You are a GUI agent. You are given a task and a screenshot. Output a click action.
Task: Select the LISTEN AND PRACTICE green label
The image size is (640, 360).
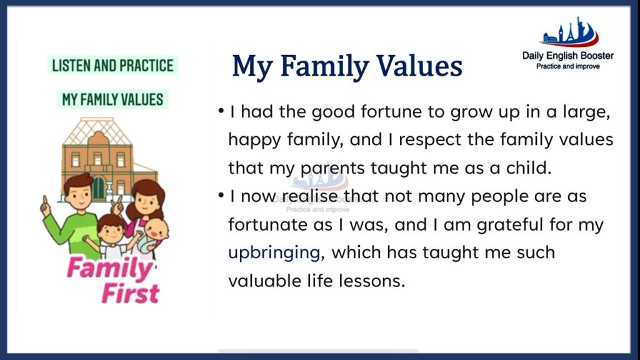(x=112, y=65)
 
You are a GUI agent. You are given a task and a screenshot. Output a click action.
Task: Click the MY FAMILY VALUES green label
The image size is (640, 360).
(x=112, y=99)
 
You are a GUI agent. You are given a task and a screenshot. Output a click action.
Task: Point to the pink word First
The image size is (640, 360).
(x=131, y=293)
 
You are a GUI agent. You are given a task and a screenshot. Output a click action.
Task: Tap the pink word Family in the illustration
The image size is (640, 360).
(x=109, y=268)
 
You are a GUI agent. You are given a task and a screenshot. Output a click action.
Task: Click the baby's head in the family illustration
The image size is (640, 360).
(x=156, y=229)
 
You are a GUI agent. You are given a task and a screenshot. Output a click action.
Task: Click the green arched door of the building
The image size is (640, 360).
(x=98, y=188)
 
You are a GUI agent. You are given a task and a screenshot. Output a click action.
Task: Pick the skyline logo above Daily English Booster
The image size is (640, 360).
(x=570, y=32)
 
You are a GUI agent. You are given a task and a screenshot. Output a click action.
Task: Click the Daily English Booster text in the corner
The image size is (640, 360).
(x=567, y=56)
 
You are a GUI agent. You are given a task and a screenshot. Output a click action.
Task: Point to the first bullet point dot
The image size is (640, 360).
(x=221, y=111)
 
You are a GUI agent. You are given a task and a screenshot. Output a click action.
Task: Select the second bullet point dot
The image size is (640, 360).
(x=221, y=196)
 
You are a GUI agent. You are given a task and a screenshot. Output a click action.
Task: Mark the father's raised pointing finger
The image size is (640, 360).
(x=45, y=201)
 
